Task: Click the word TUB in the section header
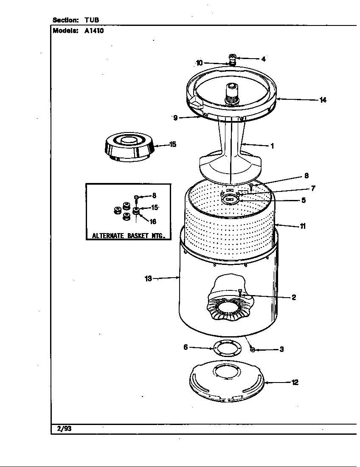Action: [x=92, y=20]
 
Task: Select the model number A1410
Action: [x=94, y=31]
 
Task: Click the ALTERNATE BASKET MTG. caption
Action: [x=129, y=236]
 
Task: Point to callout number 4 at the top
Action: [x=263, y=59]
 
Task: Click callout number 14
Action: [x=323, y=100]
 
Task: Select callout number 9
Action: [x=175, y=118]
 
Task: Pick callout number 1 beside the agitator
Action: [x=272, y=146]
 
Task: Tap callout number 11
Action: [x=302, y=226]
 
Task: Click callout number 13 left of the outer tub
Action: [x=148, y=279]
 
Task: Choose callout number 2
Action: [x=293, y=298]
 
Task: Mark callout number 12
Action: [x=295, y=383]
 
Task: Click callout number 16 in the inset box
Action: [x=152, y=222]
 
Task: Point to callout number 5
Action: [x=303, y=200]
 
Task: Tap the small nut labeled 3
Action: [x=253, y=349]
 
